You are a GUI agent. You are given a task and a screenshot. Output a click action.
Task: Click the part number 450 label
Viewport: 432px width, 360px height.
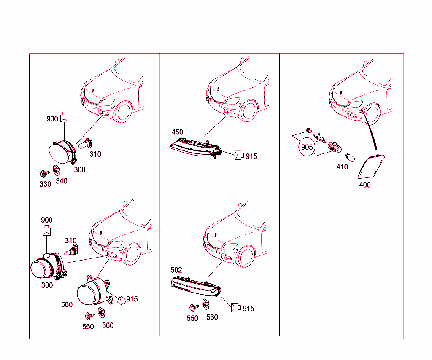click(x=177, y=132)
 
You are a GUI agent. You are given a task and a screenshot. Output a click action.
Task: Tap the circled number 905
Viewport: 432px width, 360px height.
click(x=307, y=147)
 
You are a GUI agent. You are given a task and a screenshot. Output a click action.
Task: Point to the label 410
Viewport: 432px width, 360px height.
click(x=342, y=167)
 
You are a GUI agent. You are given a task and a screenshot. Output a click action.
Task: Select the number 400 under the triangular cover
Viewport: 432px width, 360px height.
click(x=365, y=185)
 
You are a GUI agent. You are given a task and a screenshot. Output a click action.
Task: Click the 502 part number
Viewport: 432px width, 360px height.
click(x=176, y=270)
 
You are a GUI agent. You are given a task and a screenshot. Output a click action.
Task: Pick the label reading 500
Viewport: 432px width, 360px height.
click(x=67, y=305)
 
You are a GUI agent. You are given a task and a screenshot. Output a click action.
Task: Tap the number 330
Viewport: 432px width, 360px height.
click(x=45, y=184)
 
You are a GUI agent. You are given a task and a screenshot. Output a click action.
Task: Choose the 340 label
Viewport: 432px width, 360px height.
click(x=62, y=181)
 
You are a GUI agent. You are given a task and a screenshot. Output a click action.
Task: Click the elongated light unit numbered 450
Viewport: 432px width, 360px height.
click(x=196, y=148)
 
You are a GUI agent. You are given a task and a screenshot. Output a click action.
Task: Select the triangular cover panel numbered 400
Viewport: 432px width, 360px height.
click(x=371, y=167)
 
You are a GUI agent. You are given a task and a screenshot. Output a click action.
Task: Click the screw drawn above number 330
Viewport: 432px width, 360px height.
click(x=45, y=174)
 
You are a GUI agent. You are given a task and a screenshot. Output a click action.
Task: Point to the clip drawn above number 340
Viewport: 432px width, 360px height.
click(x=57, y=170)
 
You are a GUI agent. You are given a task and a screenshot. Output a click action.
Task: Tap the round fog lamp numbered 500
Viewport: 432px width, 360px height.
click(x=93, y=290)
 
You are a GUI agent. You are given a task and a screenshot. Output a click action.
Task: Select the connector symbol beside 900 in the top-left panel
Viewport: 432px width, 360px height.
click(x=64, y=117)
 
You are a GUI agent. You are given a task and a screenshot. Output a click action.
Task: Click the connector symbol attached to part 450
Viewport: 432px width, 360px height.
click(x=239, y=155)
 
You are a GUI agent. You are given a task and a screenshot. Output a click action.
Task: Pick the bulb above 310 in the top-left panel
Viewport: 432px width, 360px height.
click(x=85, y=143)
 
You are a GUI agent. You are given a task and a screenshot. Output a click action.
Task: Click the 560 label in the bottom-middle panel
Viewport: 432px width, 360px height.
click(x=212, y=317)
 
